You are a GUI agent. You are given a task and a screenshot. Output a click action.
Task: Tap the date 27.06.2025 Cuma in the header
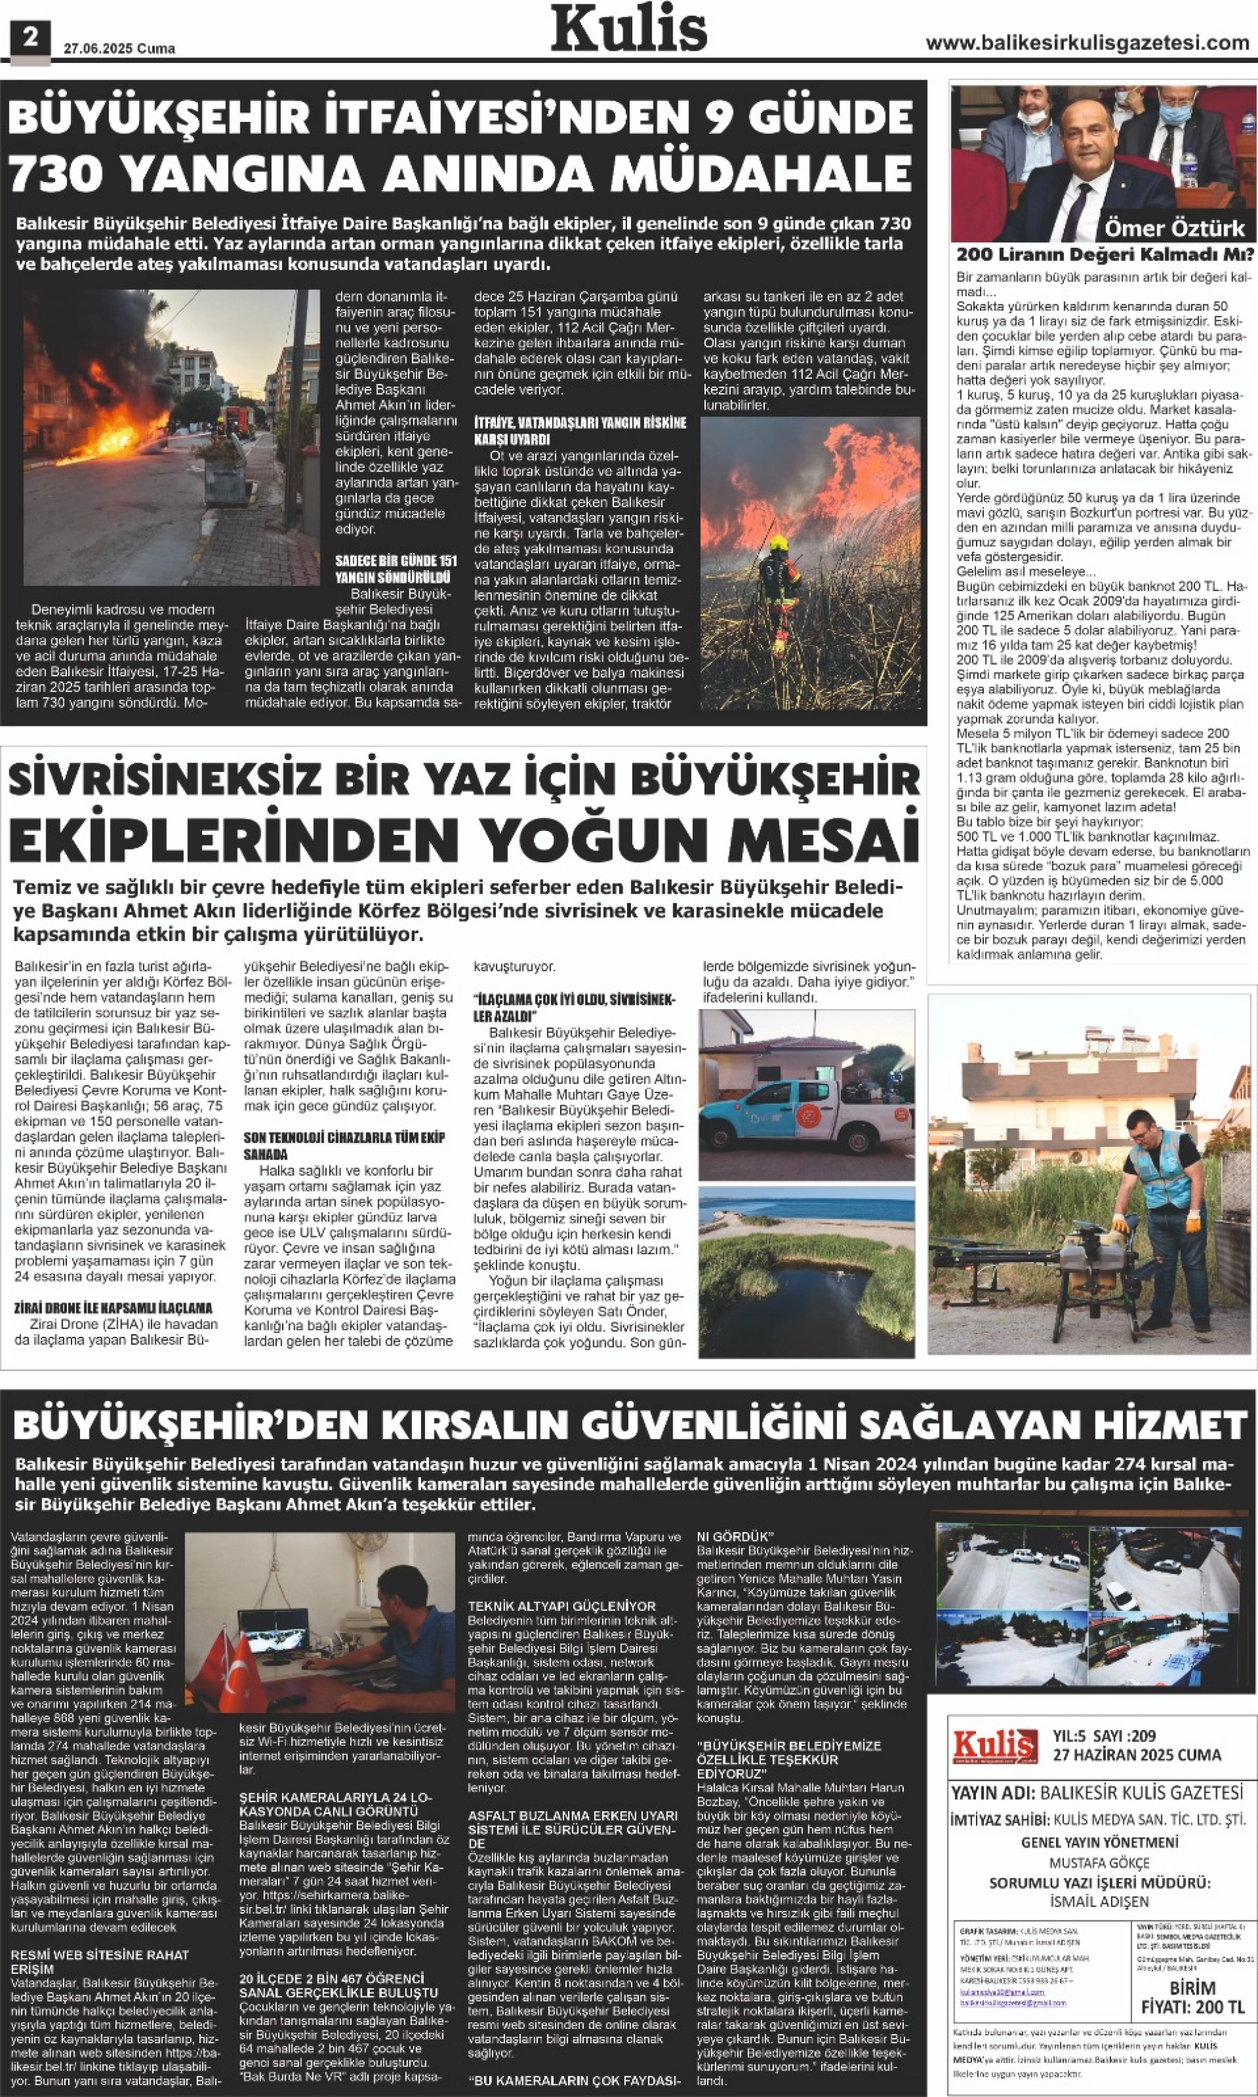coord(120,49)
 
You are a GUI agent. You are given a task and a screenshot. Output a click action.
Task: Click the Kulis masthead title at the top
coord(629,30)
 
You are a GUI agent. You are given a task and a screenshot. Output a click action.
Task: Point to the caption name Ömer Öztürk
coord(1174,228)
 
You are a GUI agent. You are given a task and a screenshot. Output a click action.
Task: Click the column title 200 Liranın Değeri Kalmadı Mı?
coord(1104,255)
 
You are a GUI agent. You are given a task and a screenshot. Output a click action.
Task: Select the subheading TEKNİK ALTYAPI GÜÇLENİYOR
coord(562,1606)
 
